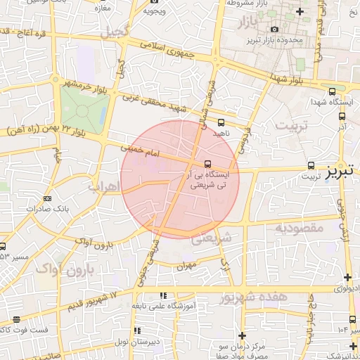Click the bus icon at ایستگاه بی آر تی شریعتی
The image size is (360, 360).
216,164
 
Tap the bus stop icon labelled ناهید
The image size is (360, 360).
221,122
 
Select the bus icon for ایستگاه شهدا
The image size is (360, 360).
332,91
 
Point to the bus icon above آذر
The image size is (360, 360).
342,117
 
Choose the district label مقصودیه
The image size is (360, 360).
299,228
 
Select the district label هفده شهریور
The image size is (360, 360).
254,298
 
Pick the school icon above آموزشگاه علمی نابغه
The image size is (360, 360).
163,296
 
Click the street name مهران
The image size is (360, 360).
186,266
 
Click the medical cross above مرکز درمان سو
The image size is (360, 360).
243,335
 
